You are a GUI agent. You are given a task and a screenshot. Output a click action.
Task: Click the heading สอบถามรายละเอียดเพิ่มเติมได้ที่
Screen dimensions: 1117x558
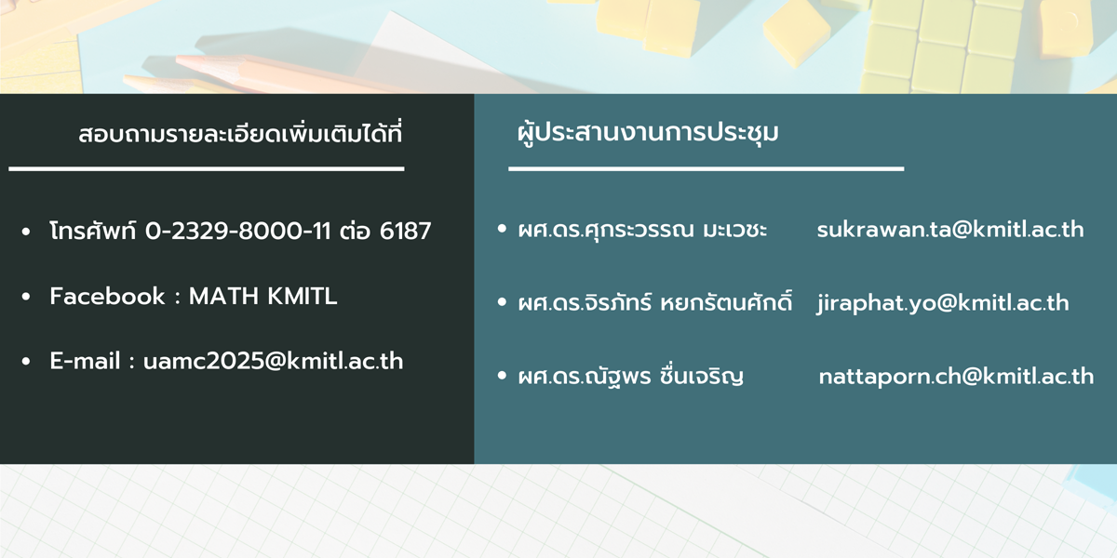click(x=240, y=133)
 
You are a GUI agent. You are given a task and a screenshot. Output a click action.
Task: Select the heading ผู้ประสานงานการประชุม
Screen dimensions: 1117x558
click(x=648, y=132)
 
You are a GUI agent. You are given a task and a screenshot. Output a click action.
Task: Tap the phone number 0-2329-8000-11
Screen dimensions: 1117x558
click(x=238, y=232)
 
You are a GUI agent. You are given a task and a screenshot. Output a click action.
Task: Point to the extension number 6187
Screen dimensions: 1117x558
click(x=405, y=232)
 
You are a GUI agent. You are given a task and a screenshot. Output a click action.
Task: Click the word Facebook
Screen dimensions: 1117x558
click(x=107, y=297)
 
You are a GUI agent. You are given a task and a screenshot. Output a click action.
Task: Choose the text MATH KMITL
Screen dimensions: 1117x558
click(x=262, y=297)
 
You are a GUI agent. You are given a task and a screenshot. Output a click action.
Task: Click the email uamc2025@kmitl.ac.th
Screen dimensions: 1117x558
click(x=274, y=361)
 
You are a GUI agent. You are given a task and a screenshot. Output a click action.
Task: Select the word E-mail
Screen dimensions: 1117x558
click(x=86, y=361)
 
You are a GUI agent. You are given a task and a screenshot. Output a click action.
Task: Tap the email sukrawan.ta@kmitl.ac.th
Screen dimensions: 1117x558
click(x=950, y=230)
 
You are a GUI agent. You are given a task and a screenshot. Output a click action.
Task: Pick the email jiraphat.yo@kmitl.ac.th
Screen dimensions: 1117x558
click(x=943, y=303)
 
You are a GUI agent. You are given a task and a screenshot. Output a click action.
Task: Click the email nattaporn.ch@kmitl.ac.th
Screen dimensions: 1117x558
click(x=957, y=377)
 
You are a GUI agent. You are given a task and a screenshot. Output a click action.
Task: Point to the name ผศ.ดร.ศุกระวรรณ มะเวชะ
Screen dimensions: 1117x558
click(x=642, y=230)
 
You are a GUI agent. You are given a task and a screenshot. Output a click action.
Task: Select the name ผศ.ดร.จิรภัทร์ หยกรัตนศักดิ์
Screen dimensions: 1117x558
click(x=654, y=302)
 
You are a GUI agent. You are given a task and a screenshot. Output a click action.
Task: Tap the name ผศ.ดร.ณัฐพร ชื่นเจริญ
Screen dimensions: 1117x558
click(x=631, y=376)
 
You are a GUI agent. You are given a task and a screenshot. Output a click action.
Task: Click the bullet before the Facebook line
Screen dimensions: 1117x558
click(x=26, y=297)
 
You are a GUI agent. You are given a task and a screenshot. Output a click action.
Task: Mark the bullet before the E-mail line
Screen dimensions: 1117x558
click(x=26, y=362)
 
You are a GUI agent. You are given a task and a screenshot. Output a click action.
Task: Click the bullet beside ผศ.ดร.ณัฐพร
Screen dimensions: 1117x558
click(x=502, y=376)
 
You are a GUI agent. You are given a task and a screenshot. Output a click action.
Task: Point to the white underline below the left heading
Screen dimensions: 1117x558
click(x=207, y=169)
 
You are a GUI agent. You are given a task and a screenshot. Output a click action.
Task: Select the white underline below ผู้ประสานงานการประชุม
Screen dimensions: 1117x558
click(x=707, y=169)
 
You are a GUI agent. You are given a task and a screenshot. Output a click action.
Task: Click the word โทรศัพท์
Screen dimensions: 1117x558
click(x=93, y=231)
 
